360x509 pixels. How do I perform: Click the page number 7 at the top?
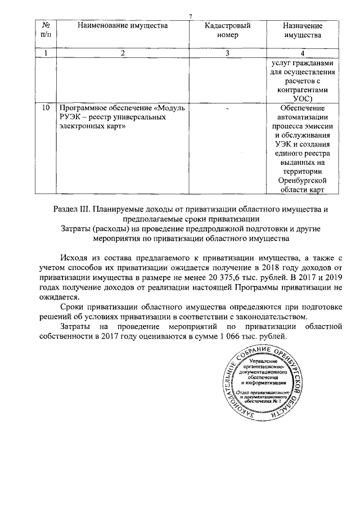coord(190,16)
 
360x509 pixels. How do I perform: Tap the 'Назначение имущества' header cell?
coord(302,30)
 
